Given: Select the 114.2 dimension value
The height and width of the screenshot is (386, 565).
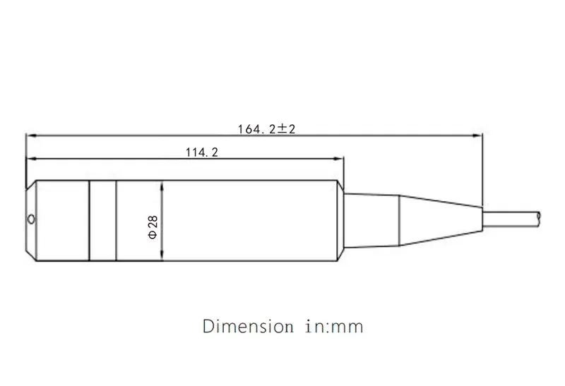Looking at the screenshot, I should tap(201, 152).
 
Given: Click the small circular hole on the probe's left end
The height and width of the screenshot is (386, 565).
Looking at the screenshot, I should tap(30, 220).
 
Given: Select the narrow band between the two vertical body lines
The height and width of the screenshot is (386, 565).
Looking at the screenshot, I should tap(102, 219).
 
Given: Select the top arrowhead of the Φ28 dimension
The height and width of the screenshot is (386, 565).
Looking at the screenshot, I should tap(162, 185).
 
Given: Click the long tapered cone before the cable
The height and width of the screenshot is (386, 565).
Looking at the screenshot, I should tap(438, 219).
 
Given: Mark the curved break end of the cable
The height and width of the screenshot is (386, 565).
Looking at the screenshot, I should tap(539, 216).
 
